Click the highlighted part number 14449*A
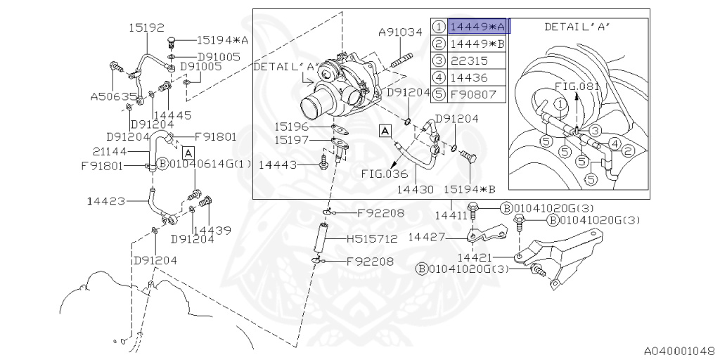(477, 27)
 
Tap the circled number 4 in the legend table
(439, 77)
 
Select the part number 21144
(109, 151)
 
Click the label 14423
(106, 201)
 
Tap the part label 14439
(212, 230)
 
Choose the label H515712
(372, 239)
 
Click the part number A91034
(400, 32)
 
